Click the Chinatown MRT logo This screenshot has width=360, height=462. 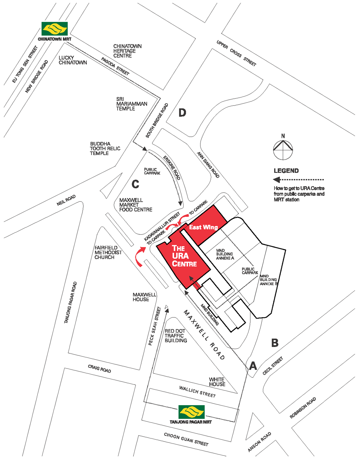(54, 29)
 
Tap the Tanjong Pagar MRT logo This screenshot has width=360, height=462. (191, 412)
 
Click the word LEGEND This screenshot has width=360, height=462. (286, 171)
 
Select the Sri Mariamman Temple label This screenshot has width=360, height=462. (131, 104)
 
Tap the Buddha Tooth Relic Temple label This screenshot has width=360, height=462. (105, 148)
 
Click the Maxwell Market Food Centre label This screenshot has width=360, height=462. (136, 205)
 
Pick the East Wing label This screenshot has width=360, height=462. (203, 227)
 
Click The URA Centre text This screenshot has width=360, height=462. (184, 256)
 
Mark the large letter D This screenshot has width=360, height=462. (182, 113)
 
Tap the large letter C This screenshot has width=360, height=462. (135, 184)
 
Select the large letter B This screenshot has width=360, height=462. (275, 343)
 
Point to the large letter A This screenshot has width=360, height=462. (253, 366)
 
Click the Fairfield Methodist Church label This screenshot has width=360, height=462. (108, 252)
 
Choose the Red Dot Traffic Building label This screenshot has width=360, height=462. (175, 336)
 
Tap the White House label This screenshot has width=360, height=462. (217, 382)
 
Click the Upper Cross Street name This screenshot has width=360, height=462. (236, 53)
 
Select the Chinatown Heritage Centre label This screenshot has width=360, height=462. (127, 51)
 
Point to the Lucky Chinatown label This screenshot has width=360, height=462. (73, 60)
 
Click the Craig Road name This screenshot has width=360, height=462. (99, 368)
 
